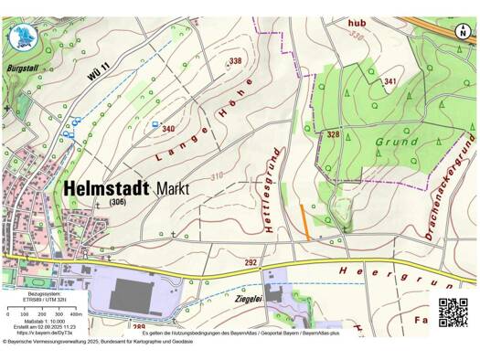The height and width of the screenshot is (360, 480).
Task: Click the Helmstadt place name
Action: click(107, 186)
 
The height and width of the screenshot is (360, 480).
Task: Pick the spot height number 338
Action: click(236, 61)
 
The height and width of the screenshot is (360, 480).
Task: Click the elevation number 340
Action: click(167, 130)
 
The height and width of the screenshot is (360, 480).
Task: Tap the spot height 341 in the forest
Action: click(390, 82)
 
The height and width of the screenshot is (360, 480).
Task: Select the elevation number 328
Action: click(334, 134)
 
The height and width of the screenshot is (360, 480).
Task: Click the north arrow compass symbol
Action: click(463, 31)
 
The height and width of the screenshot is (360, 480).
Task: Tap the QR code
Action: click(453, 312)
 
